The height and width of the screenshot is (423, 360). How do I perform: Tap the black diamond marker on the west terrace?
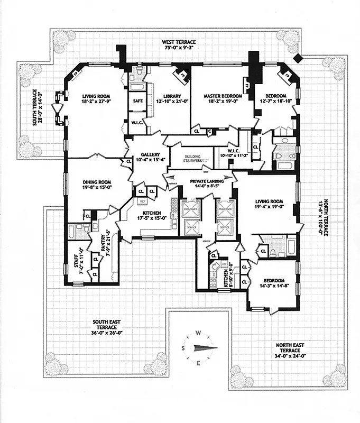tap(298, 58)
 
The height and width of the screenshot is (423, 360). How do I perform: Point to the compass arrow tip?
tap(216, 347)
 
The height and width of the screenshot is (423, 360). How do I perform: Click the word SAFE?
tap(136, 100)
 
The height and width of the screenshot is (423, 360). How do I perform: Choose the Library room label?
tap(167, 96)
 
